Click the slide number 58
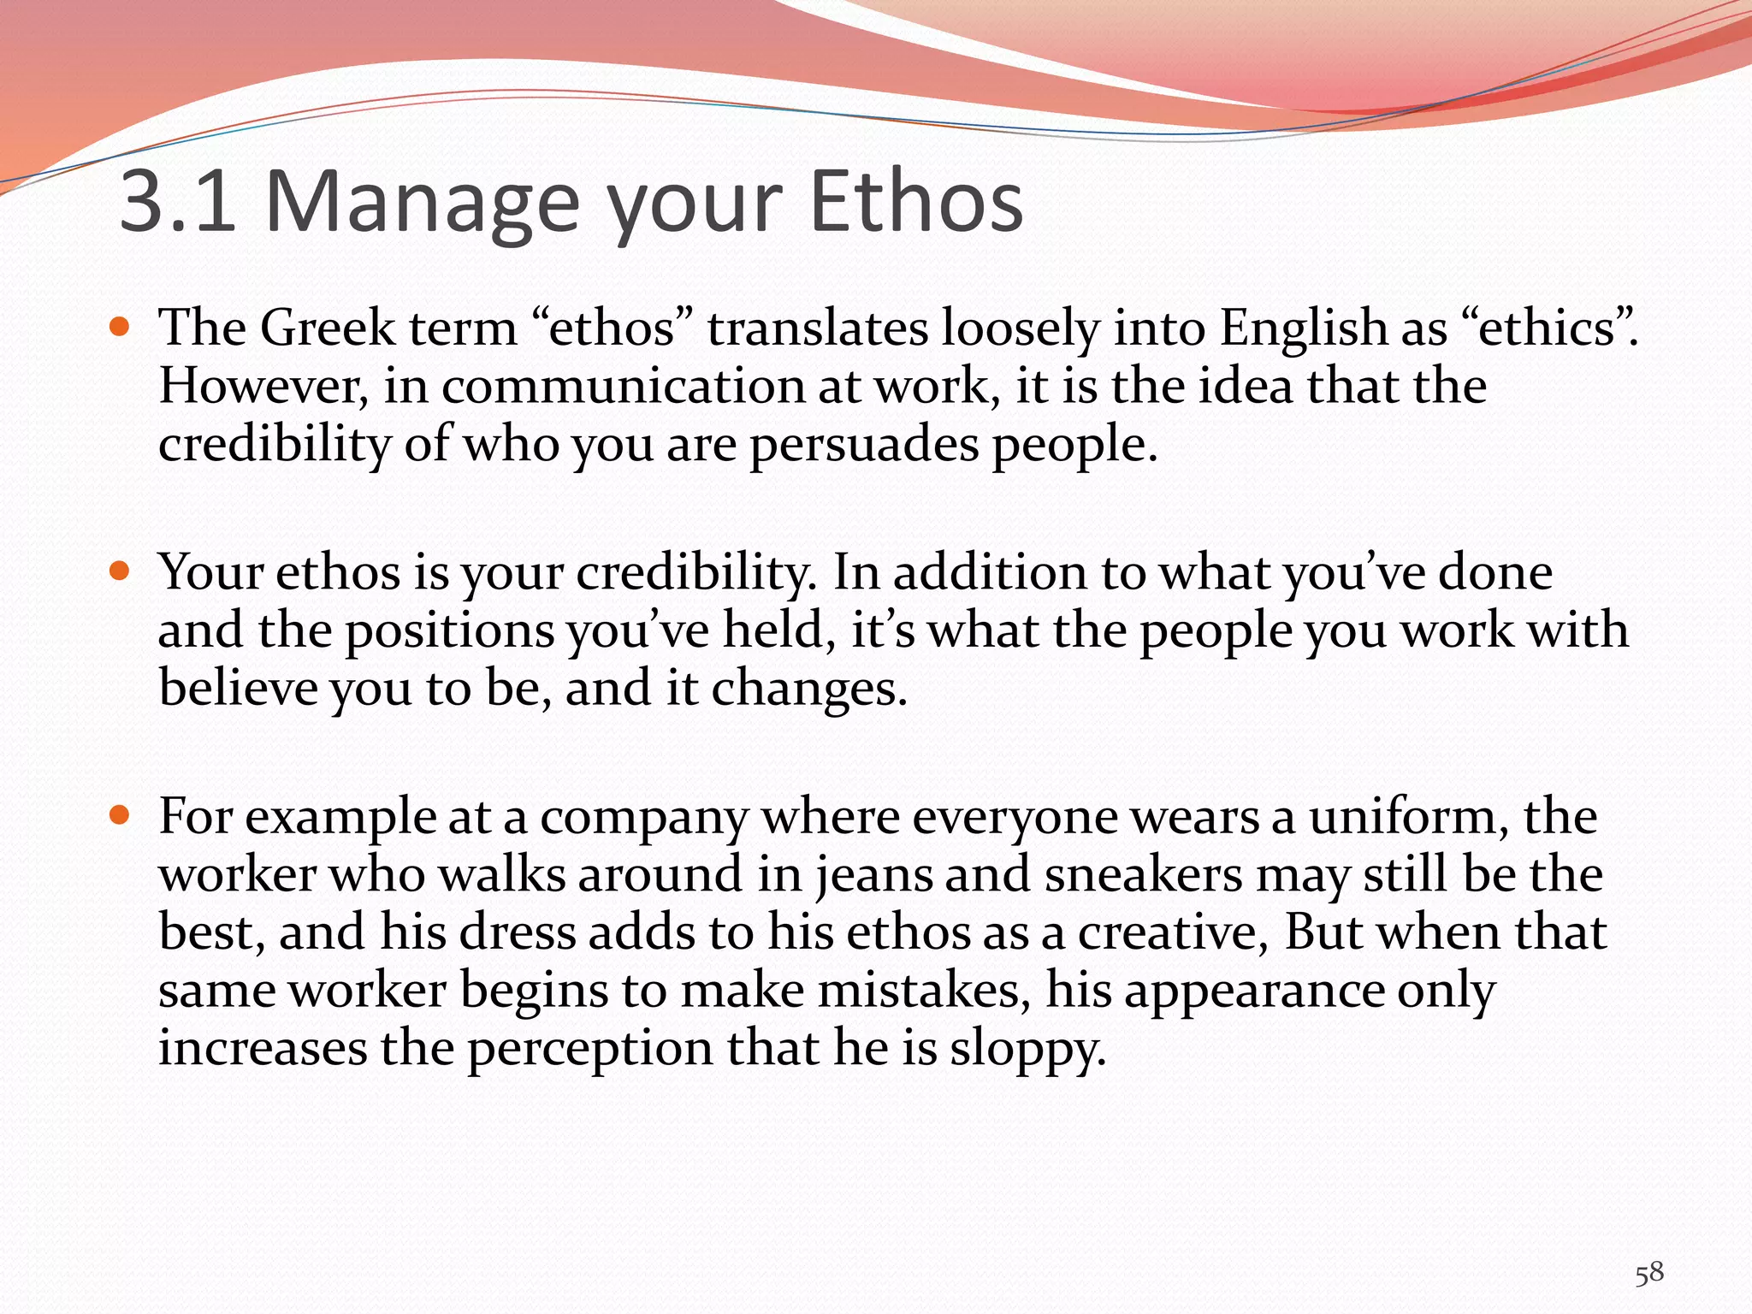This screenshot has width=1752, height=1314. (x=1649, y=1273)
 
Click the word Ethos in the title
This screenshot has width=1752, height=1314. (x=915, y=202)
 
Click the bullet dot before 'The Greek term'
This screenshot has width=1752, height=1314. (x=120, y=327)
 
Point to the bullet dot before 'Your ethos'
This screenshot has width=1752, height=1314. (x=120, y=571)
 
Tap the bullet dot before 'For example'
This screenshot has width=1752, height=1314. (x=120, y=814)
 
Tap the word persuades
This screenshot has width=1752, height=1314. (x=864, y=446)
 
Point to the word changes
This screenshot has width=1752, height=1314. (x=808, y=690)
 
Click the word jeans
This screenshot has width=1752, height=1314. (x=873, y=876)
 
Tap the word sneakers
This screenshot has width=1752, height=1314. (x=1143, y=874)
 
